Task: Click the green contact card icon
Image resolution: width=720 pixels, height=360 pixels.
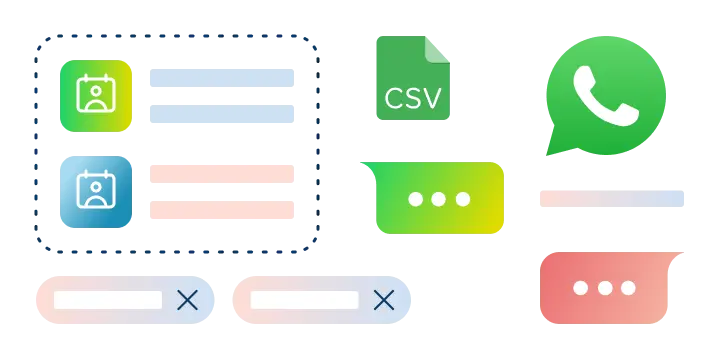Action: coord(95,95)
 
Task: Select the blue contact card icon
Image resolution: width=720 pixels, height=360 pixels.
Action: coord(96,190)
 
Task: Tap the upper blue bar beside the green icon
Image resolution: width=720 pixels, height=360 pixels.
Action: coord(220,76)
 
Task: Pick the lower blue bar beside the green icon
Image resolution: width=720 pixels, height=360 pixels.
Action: coord(220,115)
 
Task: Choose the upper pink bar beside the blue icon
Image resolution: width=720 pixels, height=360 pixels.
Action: coord(220,172)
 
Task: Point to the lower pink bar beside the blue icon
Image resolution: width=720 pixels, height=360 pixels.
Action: coord(220,211)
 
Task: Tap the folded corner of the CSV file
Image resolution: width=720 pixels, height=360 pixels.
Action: coord(439,47)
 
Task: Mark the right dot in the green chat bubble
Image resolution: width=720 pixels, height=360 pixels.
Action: coord(462,199)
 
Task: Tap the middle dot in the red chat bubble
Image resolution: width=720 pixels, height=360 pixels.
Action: coord(604,288)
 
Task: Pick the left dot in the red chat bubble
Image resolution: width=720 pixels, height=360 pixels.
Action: coord(581,288)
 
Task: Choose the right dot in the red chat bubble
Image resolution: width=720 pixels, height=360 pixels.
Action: coord(628,288)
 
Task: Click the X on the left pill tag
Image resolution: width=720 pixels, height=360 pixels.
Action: coord(187,300)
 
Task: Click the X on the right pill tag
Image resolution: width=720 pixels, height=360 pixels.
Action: coord(383,300)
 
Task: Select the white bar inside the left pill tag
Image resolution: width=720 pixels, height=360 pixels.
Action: coord(108,300)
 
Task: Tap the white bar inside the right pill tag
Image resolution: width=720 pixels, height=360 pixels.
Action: coord(304,300)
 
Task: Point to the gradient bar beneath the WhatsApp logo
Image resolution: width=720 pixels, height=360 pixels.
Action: coord(611,196)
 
